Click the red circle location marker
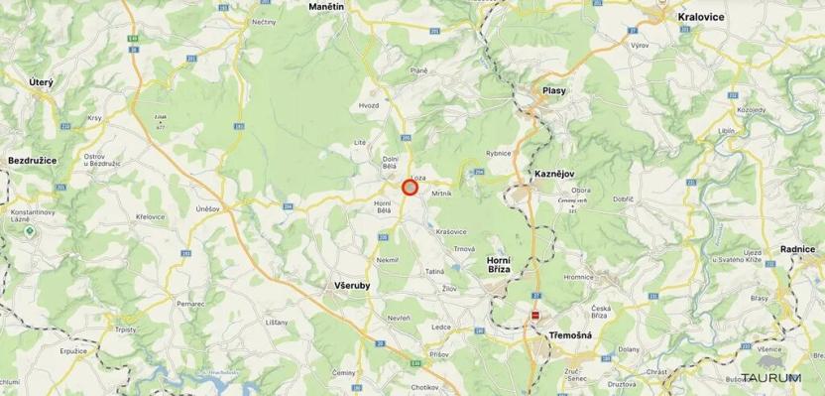[410, 187]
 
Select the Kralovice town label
[701, 17]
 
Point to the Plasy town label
[553, 90]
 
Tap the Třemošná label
[570, 335]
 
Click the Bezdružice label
[33, 159]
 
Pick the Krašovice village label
[450, 230]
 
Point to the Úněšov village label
[207, 208]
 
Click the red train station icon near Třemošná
[535, 316]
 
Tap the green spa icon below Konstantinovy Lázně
[31, 231]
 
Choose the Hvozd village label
[369, 104]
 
